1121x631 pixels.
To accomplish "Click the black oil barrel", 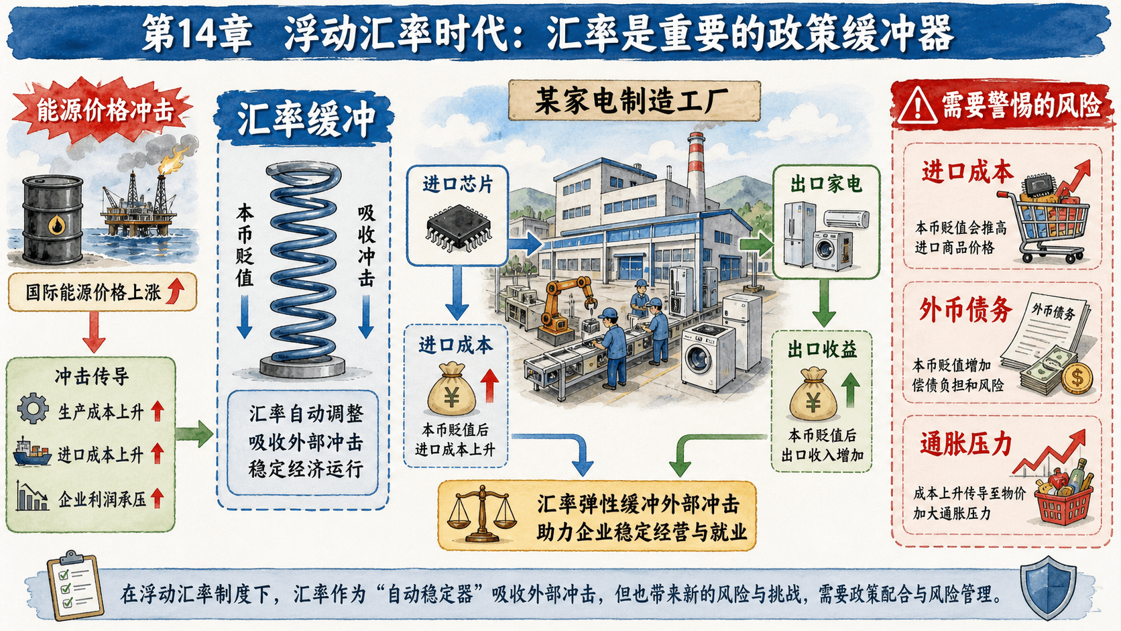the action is coord(53,219).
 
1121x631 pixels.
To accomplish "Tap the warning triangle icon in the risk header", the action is coord(917,106).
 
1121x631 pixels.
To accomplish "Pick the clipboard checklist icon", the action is coord(75,585).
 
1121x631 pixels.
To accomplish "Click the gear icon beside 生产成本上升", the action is coord(33,408).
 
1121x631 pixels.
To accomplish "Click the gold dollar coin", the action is coord(1077,378).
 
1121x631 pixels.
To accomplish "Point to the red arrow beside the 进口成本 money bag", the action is coord(489,386).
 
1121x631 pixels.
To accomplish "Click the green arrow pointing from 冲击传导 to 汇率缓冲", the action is coord(194,433).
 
